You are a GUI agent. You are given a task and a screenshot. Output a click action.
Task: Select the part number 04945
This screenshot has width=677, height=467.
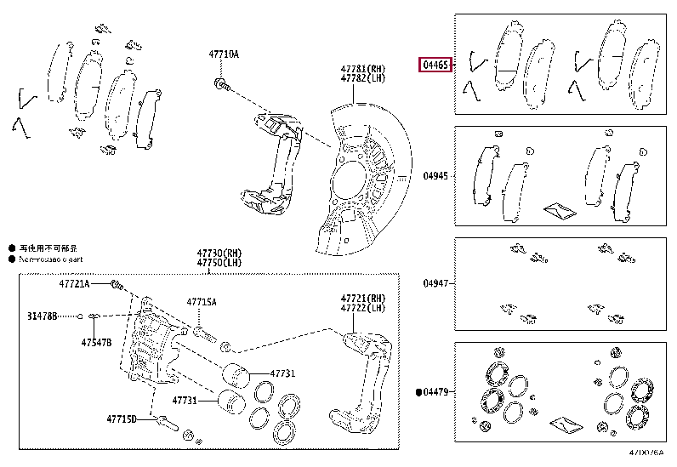pos(435,177)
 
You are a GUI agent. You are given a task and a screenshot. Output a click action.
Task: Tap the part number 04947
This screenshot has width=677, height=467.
pos(435,284)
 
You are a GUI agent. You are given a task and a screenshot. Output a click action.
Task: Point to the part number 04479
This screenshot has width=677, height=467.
pos(437,392)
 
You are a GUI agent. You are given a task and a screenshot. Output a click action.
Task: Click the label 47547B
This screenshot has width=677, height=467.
pos(96,343)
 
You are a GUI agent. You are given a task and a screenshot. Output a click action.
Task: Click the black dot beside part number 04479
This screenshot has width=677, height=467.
pos(420,392)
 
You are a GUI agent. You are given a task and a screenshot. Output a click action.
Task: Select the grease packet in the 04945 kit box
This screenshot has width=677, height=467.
pos(560,208)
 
